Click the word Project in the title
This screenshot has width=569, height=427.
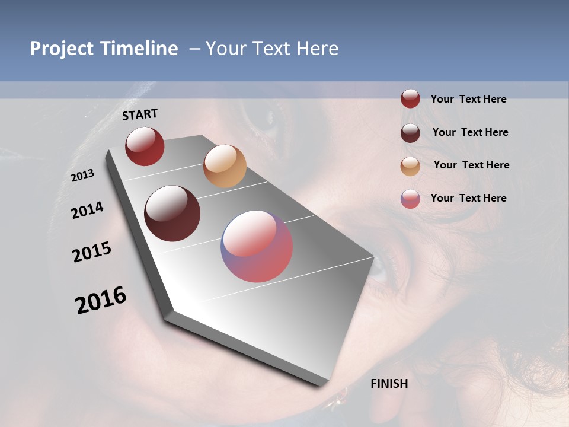pos(61,49)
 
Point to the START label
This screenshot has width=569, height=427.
pos(140,114)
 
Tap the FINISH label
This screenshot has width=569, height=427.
pos(389,384)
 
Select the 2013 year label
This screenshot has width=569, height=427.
pos(83,175)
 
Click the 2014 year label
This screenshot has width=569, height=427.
pos(88,210)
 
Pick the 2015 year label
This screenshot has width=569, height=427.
pos(92,252)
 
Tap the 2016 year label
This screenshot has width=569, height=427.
pos(101,300)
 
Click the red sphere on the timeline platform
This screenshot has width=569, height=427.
pos(145,146)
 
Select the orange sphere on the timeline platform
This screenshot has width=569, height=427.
pos(225,166)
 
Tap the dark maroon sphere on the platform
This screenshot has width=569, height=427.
pos(172,213)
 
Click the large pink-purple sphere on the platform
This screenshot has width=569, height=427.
pos(257,246)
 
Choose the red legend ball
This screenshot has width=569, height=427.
pos(410,99)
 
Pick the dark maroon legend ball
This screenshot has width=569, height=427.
pos(410,132)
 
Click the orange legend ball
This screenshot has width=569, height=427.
pos(410,165)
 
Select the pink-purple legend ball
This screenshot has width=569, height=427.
pos(410,199)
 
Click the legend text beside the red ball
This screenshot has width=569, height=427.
pos(468,99)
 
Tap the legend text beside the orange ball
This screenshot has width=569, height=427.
pos(471,165)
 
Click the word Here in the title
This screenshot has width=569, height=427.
pos(318,49)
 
